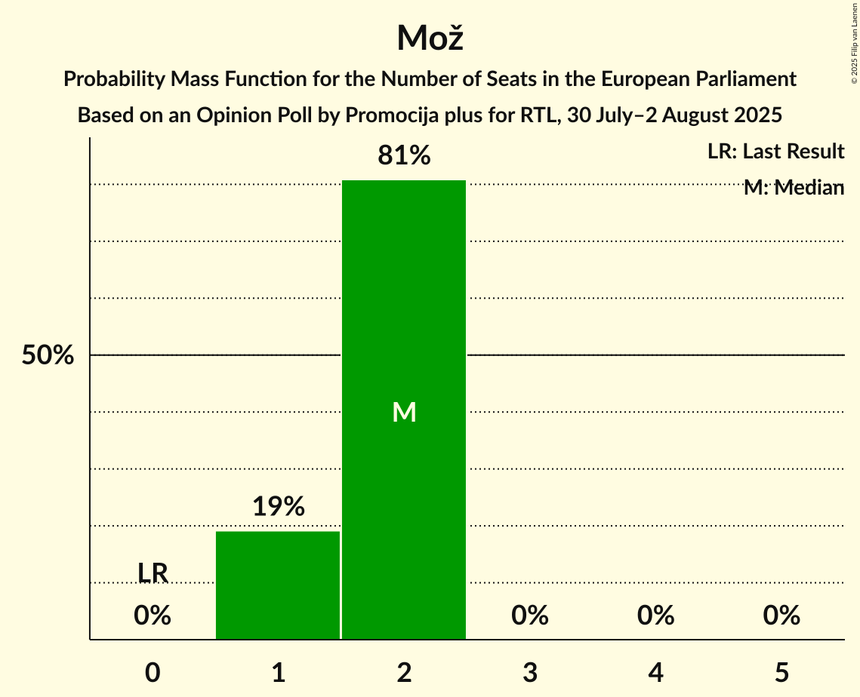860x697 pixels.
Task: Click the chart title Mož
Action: (x=430, y=38)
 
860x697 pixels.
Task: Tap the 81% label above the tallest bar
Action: (x=404, y=156)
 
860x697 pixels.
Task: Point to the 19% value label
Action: (x=278, y=507)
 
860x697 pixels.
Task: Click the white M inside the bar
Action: (x=404, y=412)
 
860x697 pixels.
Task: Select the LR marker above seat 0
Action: (x=153, y=573)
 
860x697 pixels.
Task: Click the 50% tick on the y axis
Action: (x=47, y=355)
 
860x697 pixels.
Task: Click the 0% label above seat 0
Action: (x=153, y=616)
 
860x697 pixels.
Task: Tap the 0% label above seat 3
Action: (x=530, y=616)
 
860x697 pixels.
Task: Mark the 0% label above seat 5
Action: (x=781, y=616)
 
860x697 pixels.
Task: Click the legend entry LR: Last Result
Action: (x=775, y=152)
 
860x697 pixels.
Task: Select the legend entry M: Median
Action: (x=794, y=188)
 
